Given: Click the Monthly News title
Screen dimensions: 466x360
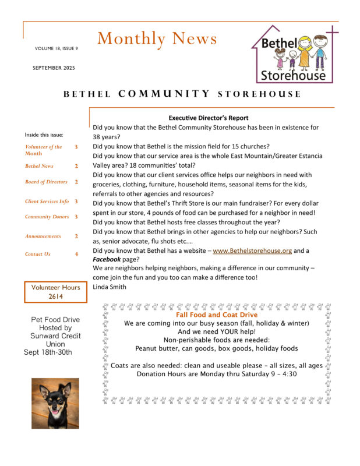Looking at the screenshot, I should (x=157, y=39).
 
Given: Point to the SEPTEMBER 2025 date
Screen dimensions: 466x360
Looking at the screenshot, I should (x=54, y=68).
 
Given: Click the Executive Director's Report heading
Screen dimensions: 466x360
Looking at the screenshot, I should (x=208, y=118).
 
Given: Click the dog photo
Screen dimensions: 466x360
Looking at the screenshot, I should (x=55, y=403).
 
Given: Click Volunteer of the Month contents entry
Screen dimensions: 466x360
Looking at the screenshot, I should (x=43, y=150).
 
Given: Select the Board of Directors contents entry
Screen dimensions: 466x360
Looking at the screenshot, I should (x=46, y=182).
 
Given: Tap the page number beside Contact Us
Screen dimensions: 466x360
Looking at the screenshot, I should (x=76, y=254).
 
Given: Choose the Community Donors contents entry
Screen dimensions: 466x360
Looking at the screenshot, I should (x=47, y=217).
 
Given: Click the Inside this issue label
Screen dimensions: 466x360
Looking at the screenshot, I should (x=44, y=135).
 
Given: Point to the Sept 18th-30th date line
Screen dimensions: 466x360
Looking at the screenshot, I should (x=48, y=352).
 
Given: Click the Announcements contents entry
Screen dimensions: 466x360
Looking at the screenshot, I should (x=43, y=236).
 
